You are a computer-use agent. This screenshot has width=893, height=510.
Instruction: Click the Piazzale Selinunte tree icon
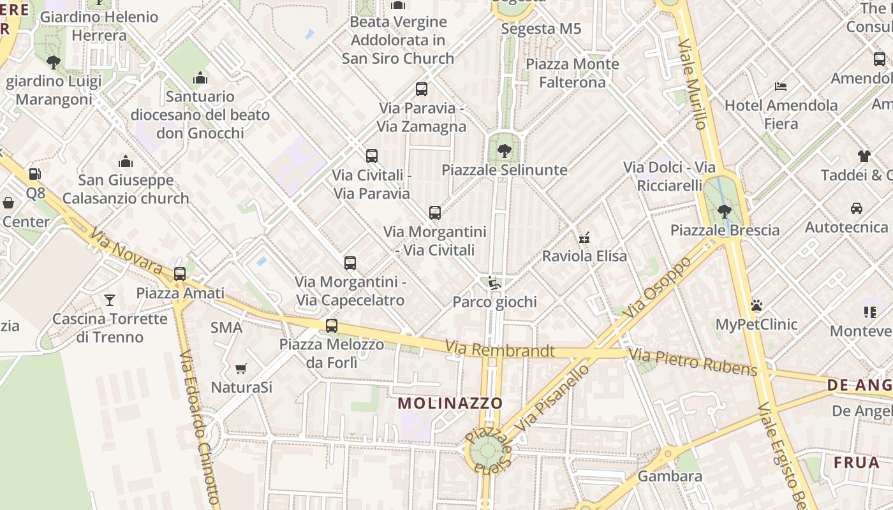pos(504,151)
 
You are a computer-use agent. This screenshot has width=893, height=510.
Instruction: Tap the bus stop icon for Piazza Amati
pos(180,274)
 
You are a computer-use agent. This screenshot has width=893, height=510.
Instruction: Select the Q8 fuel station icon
pos(35,174)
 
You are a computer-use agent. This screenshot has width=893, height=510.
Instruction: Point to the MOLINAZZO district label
pos(450,403)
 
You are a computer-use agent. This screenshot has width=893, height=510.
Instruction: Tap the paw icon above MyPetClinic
pos(756,306)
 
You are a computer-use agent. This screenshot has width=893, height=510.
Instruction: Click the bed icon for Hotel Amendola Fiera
pos(781,86)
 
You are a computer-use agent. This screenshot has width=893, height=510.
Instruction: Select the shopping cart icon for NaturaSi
pos(241,368)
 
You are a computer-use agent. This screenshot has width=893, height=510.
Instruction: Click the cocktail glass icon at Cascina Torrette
pos(110,300)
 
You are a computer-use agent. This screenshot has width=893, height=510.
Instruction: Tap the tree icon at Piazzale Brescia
pos(724,211)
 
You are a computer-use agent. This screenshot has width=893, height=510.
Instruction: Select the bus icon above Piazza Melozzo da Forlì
pos(331,326)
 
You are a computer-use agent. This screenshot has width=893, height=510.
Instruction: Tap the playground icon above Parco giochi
pos(493,282)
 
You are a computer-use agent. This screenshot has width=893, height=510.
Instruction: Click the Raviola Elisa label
pos(584,256)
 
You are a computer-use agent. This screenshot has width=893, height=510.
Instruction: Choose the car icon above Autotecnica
pos(857,208)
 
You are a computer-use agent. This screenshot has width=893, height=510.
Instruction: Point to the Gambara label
pos(670,476)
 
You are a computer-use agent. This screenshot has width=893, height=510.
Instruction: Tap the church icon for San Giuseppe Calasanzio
pos(126,162)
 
